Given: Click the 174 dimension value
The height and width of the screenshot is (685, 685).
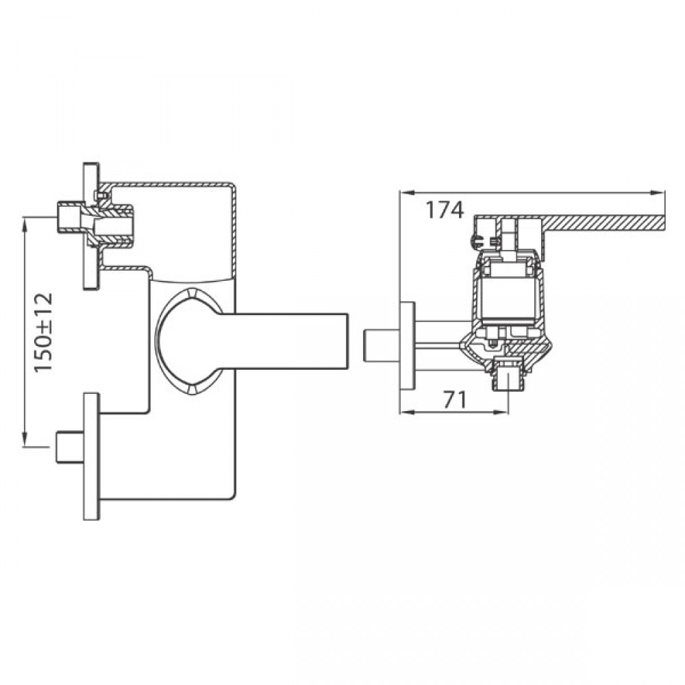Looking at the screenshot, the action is (445, 210).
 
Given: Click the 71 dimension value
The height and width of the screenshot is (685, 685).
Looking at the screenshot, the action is (456, 399).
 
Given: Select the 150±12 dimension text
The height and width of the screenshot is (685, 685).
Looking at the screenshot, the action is (44, 333).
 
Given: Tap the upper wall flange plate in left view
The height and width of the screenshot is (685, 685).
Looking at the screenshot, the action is (91, 226).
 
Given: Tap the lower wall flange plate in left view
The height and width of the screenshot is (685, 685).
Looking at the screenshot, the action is (91, 456).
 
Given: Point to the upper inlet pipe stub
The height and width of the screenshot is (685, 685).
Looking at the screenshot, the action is (69, 218).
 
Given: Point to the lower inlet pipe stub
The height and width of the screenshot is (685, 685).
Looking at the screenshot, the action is (70, 447).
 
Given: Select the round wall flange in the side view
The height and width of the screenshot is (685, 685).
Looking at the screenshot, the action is (408, 345).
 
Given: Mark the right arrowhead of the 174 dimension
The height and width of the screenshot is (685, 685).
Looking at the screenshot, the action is (658, 192).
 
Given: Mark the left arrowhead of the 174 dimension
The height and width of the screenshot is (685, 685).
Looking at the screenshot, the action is (407, 192).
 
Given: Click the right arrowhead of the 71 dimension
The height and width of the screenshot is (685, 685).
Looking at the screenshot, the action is (501, 412).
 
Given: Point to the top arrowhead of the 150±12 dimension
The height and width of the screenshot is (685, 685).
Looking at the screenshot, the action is (25, 226).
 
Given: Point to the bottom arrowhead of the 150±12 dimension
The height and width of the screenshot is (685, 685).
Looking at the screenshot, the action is (25, 439).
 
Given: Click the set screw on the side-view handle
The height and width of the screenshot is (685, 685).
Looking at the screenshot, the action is (475, 240).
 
